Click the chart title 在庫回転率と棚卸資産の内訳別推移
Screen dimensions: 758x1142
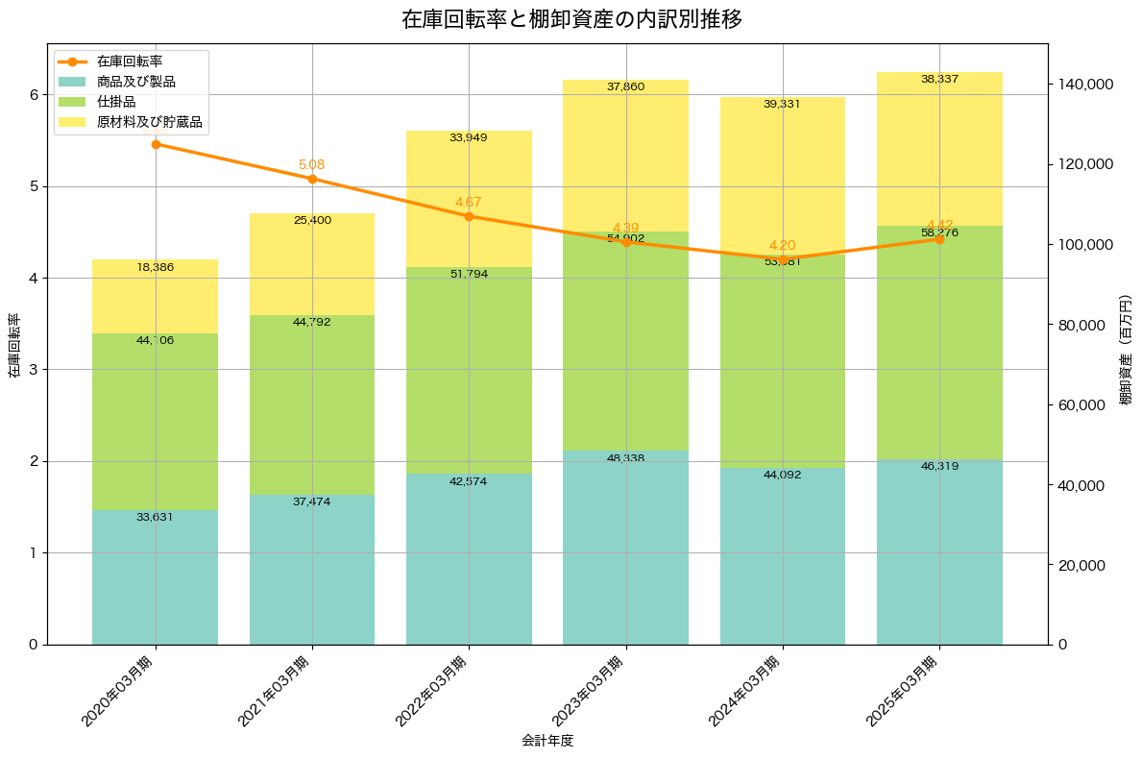(571, 19)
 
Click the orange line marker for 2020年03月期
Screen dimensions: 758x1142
(156, 144)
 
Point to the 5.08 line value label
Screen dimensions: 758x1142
(312, 165)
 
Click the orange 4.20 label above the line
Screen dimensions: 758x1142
(782, 246)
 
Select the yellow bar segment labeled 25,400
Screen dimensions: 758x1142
(312, 264)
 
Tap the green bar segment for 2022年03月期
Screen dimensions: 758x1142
(469, 370)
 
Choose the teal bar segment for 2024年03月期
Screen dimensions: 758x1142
(783, 555)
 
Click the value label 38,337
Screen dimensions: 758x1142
(939, 79)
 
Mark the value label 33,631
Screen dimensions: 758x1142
(156, 517)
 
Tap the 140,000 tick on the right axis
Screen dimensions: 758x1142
(1086, 85)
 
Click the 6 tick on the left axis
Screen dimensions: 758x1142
(33, 95)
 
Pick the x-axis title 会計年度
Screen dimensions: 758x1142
(547, 741)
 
